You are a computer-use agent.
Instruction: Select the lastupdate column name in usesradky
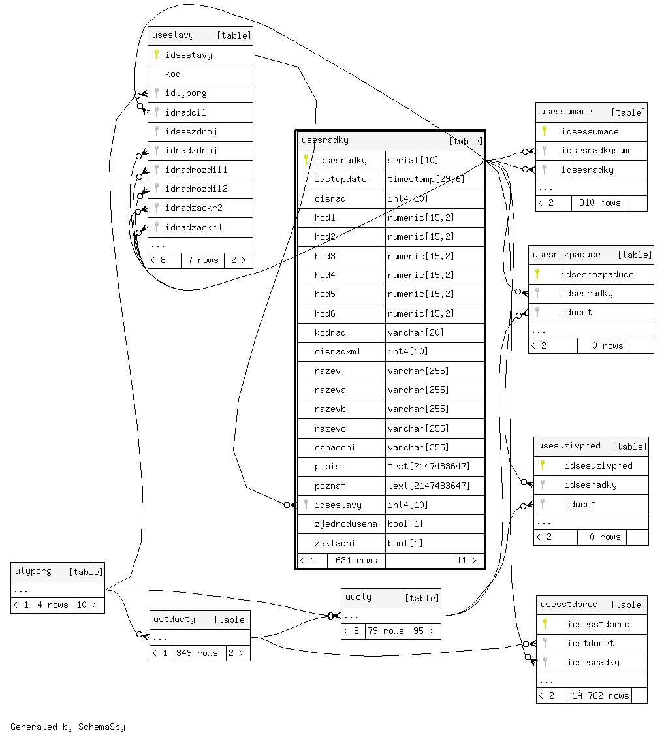tap(340, 180)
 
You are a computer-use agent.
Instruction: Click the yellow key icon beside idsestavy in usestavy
tap(157, 55)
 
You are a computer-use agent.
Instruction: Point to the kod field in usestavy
tap(172, 74)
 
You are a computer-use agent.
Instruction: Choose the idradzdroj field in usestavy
tap(191, 151)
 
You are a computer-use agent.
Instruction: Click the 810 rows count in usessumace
tap(599, 203)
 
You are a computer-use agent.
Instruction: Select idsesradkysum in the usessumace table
tap(595, 151)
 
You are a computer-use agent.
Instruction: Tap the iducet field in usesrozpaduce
tap(576, 313)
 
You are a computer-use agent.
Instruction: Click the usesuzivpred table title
tap(569, 446)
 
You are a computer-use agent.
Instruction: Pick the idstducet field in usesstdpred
tap(590, 644)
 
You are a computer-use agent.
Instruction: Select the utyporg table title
tap(33, 571)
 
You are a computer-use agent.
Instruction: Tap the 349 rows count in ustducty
tap(197, 653)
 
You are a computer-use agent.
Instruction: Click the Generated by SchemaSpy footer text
tap(67, 727)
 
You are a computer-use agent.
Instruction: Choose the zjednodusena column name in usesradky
tap(345, 524)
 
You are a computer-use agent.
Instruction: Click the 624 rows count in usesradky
tap(356, 561)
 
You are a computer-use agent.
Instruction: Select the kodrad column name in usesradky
tap(330, 333)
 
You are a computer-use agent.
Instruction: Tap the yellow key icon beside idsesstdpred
tap(546, 624)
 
